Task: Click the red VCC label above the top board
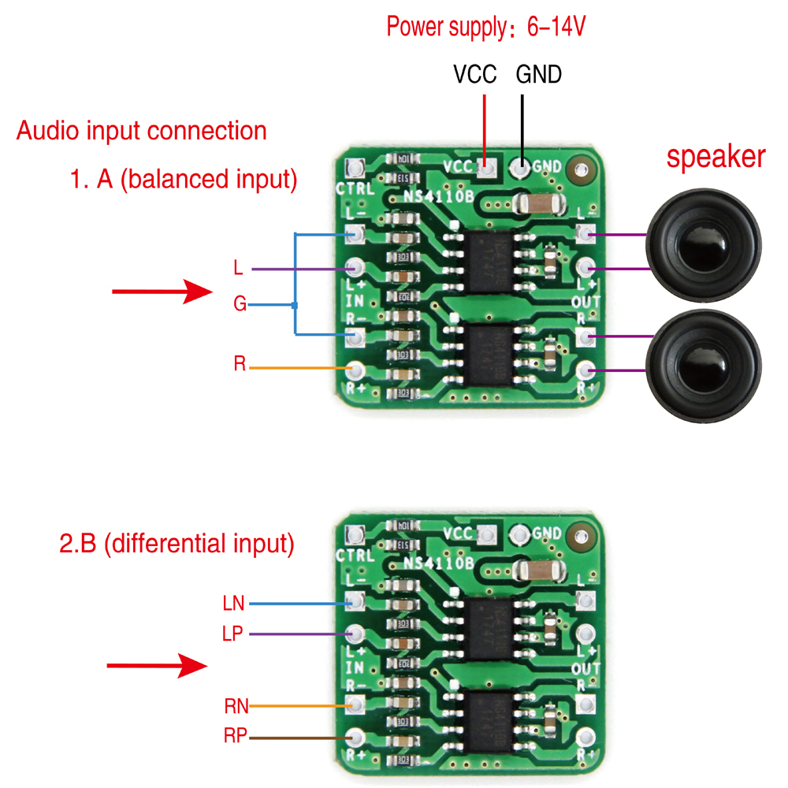click(474, 75)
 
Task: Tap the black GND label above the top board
click(538, 75)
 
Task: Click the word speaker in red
click(716, 157)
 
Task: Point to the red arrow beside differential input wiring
click(156, 666)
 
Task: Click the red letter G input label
click(240, 304)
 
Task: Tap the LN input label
click(234, 604)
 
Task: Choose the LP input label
click(234, 634)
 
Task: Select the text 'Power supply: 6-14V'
click(485, 28)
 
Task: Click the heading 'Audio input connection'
click(142, 130)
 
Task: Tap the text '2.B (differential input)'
click(177, 544)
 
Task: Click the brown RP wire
click(299, 738)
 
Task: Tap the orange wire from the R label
click(299, 368)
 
